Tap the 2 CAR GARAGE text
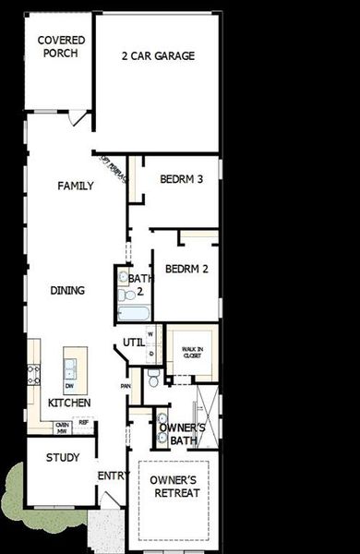pos(158,55)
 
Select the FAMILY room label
pos(76,186)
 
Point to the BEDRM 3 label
pos(181,179)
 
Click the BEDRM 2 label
pos(186,270)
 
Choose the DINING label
pos(67,290)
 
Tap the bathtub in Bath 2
pos(136,314)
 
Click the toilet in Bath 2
pos(124,295)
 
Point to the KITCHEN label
pos(69,403)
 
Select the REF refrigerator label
pos(83,423)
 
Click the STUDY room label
pos(63,458)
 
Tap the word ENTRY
pos(111,476)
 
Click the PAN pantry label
pos(125,386)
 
